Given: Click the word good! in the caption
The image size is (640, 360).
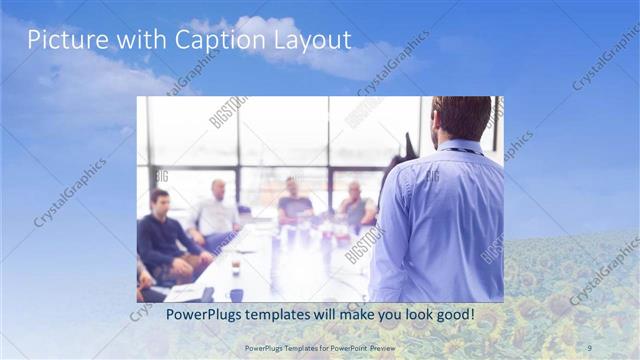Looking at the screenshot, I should tap(452, 315).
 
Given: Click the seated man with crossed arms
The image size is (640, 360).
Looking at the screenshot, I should tap(354, 205).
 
